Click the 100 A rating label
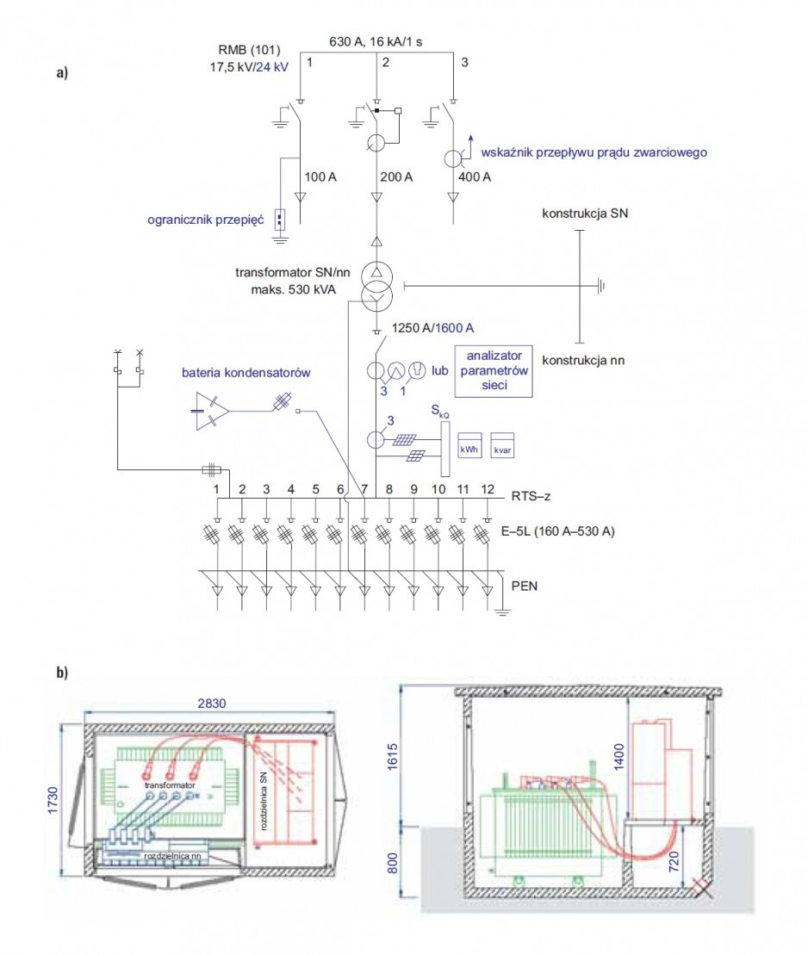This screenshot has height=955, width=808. tap(320, 177)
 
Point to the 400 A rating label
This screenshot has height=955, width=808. tap(474, 177)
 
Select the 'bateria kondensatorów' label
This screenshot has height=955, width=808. tap(246, 373)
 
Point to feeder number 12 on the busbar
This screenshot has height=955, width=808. tap(488, 490)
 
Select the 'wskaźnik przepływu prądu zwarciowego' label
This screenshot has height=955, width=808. tap(594, 152)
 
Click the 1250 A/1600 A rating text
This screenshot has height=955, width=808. tap(432, 328)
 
